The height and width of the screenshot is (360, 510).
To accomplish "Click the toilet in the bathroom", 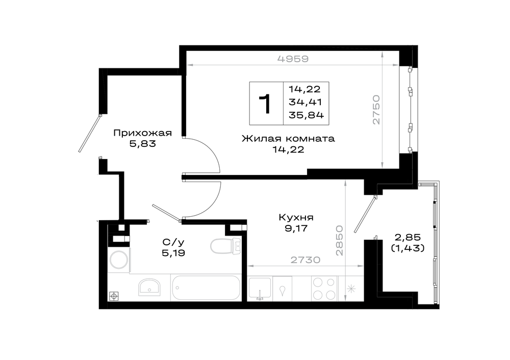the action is coord(226,246).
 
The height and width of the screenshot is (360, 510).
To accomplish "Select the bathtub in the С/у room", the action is coord(206,288).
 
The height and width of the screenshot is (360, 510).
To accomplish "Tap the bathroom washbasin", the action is coord(149,287).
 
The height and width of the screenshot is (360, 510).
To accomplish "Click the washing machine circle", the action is coord(120,260).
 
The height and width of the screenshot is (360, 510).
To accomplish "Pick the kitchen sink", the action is coord(260,288).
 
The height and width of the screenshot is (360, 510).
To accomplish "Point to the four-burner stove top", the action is coord(324,289).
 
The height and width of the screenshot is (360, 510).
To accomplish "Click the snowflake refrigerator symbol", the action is coord(351,289).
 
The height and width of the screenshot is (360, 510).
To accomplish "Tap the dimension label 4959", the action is coord(293,59).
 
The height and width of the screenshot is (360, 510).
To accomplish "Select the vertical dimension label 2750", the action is coord(376,110).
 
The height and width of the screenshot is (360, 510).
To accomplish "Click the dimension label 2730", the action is coord(305,260).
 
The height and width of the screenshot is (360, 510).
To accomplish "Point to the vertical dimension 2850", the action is coord(339,240).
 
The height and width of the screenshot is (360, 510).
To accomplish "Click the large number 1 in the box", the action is coord(265,104).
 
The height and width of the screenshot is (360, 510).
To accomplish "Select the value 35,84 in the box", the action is coord(306,115).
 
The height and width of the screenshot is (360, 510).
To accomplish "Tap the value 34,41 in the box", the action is coord(305,102).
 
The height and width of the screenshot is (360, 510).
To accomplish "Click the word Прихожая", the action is coord(142,133).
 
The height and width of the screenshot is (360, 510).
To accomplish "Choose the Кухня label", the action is coord(296,217).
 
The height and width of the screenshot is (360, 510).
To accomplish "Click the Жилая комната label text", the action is coord(288,139).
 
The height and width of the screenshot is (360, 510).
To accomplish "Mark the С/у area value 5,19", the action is coord(173,253).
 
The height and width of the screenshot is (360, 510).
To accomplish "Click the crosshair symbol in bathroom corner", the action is coord(114,296).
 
